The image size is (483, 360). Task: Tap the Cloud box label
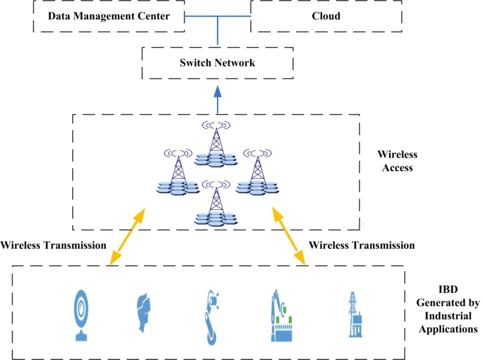pos(326,17)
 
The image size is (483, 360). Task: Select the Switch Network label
pos(218,63)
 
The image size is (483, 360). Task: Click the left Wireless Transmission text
pos(54,245)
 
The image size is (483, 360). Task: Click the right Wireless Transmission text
pos(362,245)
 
